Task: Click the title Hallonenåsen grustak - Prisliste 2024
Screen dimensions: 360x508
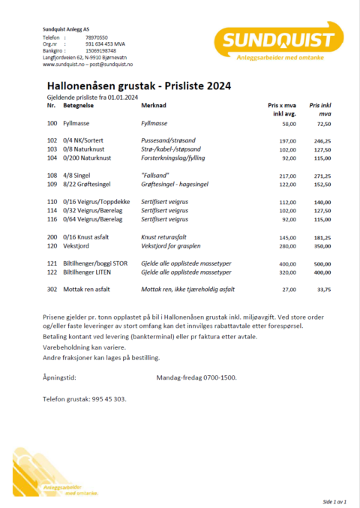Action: [139, 86]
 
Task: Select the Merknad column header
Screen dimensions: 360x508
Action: [153, 107]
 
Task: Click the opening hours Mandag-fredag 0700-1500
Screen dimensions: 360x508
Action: [197, 377]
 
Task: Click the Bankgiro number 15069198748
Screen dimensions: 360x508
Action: [101, 50]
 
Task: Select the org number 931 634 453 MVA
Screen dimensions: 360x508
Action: [105, 44]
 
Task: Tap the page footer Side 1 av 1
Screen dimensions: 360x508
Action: [337, 500]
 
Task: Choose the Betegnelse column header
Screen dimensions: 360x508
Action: [78, 107]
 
